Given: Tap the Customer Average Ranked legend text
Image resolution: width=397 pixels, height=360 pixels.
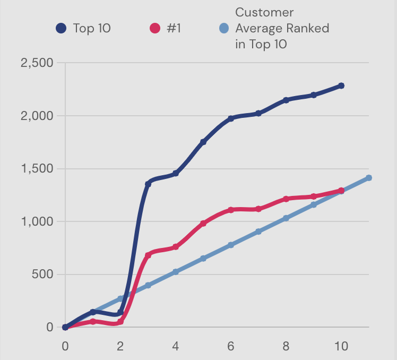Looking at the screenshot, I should point(282,28).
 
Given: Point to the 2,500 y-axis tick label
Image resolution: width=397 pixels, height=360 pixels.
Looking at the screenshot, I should point(37,63).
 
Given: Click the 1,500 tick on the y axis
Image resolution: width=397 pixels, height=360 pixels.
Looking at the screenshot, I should point(37,169).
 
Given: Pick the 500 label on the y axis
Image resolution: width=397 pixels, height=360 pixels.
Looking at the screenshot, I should point(42,275).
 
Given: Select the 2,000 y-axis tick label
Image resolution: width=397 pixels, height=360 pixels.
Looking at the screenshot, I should point(37,116).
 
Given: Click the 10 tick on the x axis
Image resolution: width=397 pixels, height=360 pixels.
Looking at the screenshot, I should point(341,346).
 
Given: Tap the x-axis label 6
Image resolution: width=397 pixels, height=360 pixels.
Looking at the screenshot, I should point(231,346).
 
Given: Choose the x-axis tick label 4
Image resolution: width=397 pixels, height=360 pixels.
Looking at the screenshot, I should point(176,346).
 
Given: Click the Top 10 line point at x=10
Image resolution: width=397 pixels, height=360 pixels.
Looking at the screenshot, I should point(341,85).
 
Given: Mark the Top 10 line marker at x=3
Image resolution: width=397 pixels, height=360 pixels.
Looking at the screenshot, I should point(148,184).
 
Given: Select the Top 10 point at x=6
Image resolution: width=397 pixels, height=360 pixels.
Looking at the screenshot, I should point(231,118).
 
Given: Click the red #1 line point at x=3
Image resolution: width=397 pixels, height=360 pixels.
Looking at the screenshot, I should point(148,255).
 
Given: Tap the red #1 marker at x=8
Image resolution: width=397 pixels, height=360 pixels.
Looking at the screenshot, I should point(286,199).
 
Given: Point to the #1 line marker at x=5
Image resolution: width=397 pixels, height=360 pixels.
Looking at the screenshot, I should point(203,224).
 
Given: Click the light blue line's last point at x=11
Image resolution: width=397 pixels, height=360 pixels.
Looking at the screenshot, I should point(369,178).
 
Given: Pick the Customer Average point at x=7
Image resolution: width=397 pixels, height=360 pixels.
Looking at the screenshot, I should point(258,232).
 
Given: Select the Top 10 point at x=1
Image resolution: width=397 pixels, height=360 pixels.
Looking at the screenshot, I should point(93,312).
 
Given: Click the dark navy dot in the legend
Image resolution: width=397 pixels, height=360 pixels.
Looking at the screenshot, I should point(62,28).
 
